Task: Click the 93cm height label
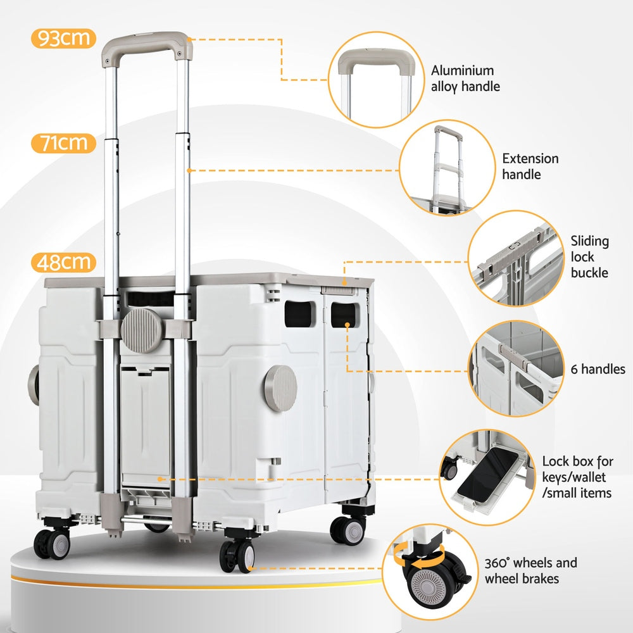click(63, 39)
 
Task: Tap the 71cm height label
click(63, 143)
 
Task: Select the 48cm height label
click(63, 262)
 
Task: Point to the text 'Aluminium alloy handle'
click(465, 78)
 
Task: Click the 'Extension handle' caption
click(530, 166)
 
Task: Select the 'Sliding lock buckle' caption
click(589, 256)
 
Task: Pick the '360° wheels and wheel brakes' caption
click(530, 570)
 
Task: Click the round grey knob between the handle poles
click(142, 330)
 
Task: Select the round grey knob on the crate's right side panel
click(281, 388)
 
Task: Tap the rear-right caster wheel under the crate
click(348, 529)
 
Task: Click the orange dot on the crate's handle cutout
click(348, 325)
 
